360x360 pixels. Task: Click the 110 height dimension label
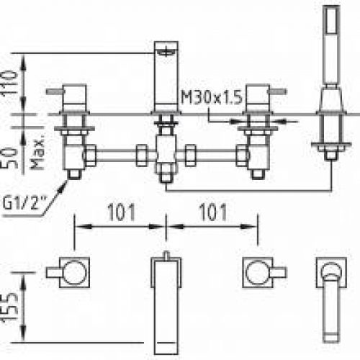coord(10,83)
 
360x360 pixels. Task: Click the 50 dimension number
coord(10,158)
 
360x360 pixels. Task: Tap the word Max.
coord(37,154)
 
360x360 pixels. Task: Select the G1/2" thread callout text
coord(24,203)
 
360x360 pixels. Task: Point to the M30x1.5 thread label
coord(212,97)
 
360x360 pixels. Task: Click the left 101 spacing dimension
coord(121,212)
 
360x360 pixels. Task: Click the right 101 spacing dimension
coord(213,212)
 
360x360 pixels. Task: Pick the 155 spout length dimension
coord(10,307)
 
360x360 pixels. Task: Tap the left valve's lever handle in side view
coord(55,91)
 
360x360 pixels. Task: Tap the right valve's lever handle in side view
coord(278,91)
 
